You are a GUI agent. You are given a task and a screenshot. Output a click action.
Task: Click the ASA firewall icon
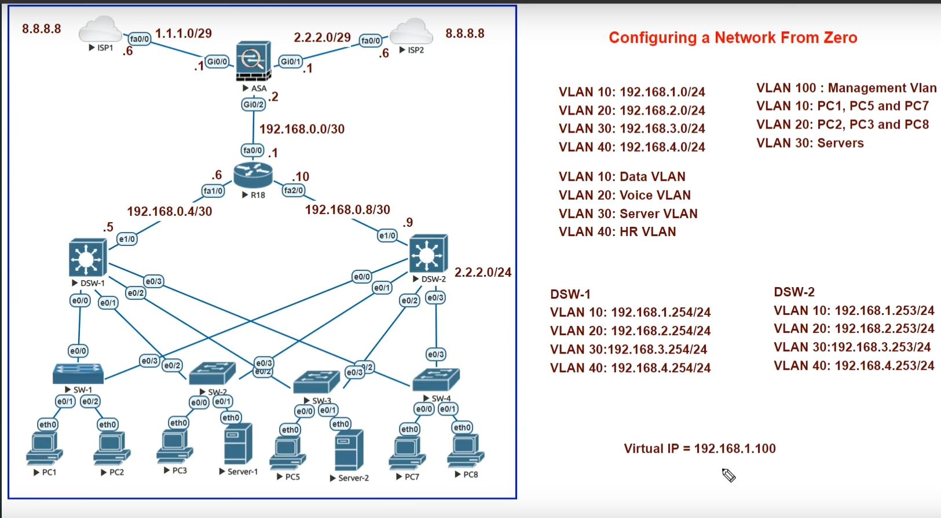tap(253, 61)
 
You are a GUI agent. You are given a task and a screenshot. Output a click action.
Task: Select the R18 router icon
tap(253, 174)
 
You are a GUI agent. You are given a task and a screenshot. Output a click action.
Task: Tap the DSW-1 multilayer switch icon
tap(87, 258)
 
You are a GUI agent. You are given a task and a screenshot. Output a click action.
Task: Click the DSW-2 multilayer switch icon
tap(429, 254)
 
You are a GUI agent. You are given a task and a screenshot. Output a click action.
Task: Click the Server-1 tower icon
tap(238, 444)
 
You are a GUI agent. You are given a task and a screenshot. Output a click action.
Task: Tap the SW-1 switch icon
tap(78, 373)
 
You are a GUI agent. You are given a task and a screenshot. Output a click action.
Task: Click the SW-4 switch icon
tap(436, 379)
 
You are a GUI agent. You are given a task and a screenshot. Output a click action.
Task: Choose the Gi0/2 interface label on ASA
tap(254, 105)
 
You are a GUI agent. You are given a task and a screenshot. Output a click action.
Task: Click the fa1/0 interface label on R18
tap(213, 190)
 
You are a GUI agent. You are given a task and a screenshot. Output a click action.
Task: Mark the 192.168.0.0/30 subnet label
tap(302, 129)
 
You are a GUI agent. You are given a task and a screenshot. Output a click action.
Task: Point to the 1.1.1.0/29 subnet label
tap(184, 34)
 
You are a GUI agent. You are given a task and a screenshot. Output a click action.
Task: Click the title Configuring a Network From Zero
tap(733, 38)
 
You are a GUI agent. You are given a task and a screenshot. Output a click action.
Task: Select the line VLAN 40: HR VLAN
tap(617, 232)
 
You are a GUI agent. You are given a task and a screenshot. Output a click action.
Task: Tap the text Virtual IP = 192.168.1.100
tap(700, 449)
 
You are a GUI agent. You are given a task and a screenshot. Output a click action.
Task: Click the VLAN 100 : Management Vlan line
tap(846, 88)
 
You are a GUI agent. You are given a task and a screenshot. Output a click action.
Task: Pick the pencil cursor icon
tap(728, 475)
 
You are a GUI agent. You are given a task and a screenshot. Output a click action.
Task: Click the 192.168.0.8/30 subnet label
tap(347, 210)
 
